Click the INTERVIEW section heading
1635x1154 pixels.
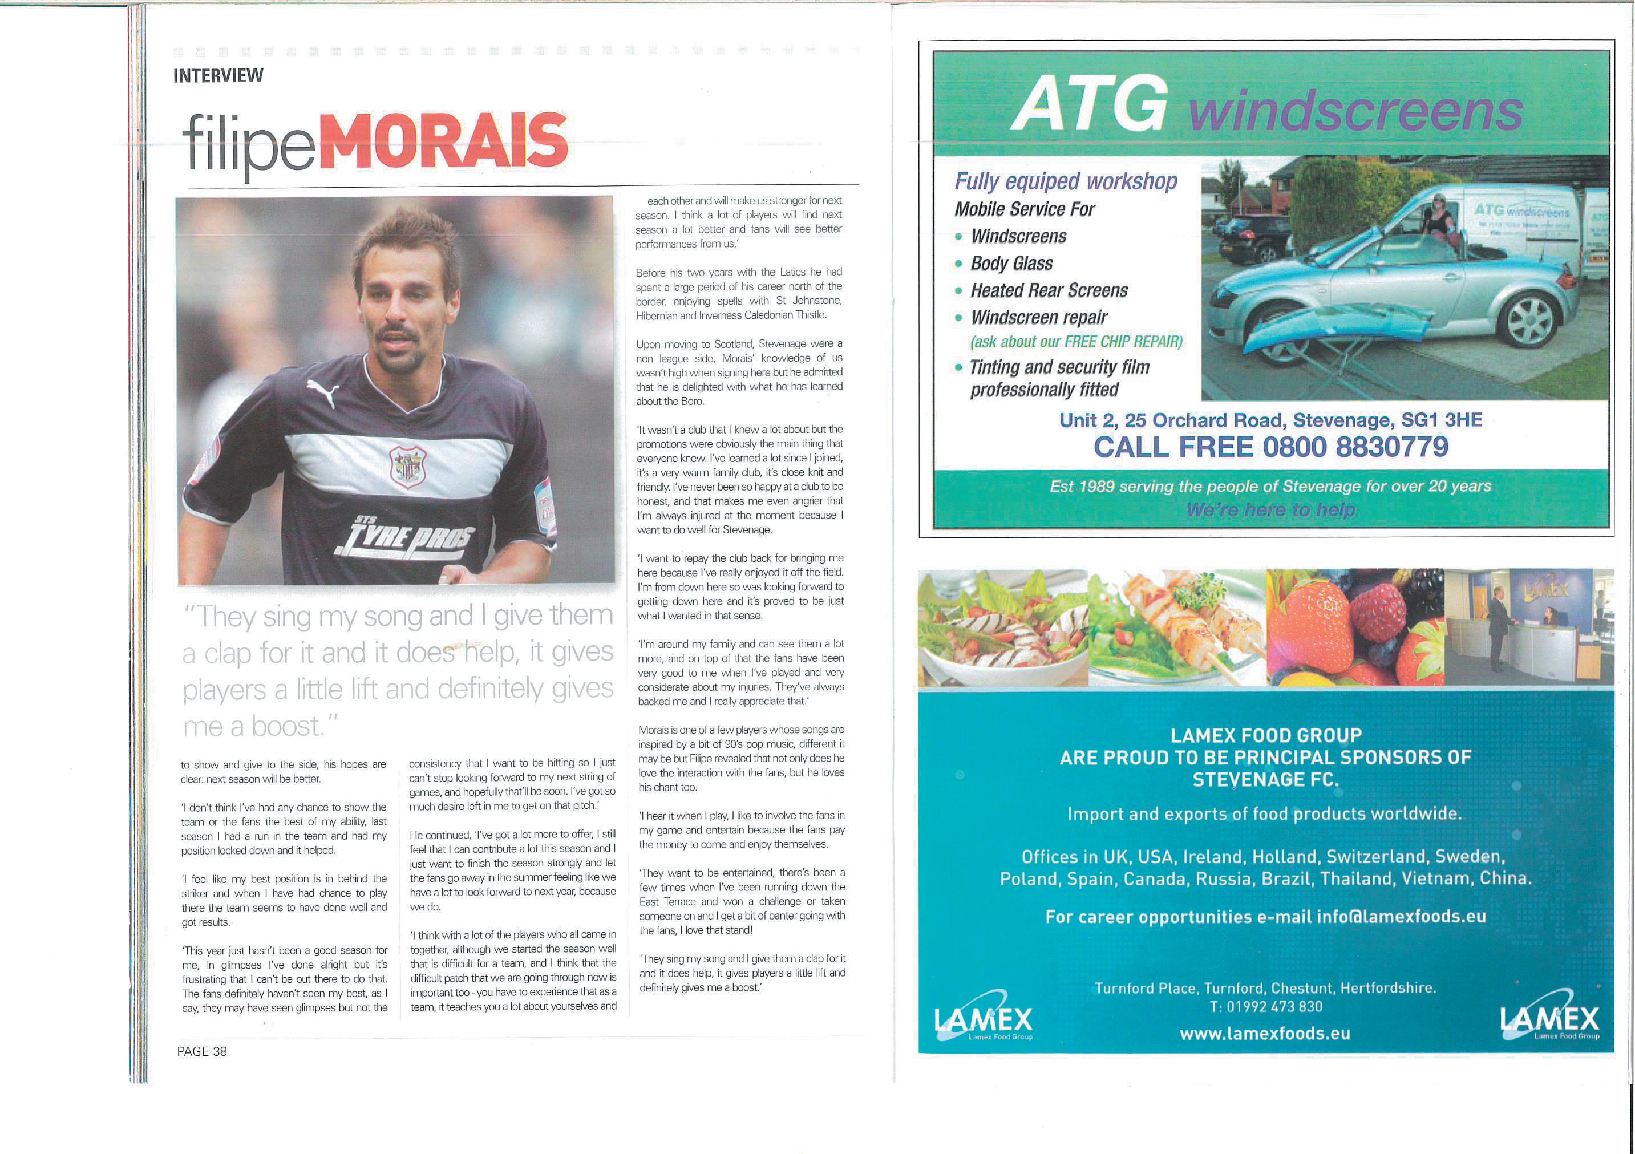click(218, 75)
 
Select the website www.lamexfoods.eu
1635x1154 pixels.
click(1265, 1034)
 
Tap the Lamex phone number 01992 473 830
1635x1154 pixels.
click(1265, 1007)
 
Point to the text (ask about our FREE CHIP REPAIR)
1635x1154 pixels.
click(1076, 342)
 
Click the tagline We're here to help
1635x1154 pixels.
click(1270, 510)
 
